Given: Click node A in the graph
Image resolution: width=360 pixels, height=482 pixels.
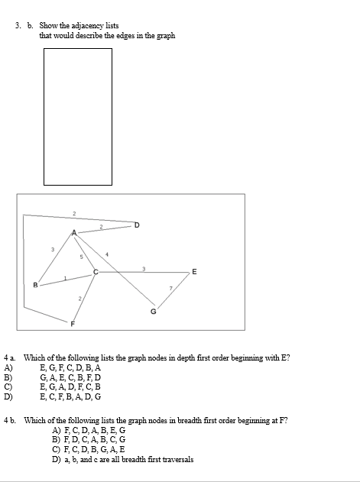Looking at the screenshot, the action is tap(74, 232).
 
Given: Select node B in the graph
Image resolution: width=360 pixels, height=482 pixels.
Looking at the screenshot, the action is tap(35, 286).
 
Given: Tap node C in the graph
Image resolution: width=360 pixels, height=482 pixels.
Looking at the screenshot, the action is tap(96, 272).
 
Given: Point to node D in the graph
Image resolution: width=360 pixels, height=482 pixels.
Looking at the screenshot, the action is tap(137, 225).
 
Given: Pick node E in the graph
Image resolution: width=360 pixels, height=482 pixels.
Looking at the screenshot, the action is tap(194, 272).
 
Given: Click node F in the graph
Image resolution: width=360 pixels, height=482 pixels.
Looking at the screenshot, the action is tap(73, 324).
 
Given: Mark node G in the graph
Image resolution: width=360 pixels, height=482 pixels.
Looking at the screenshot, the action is tap(153, 311).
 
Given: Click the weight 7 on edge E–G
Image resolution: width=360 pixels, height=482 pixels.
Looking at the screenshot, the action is tap(170, 289).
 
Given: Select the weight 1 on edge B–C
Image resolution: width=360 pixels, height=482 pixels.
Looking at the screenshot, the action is tap(66, 278).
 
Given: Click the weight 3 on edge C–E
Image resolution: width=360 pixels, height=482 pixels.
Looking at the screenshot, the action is tap(144, 267).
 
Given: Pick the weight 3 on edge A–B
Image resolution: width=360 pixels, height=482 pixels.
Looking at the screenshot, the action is tap(52, 250).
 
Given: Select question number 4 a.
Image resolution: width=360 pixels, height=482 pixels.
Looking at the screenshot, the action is tap(10, 357).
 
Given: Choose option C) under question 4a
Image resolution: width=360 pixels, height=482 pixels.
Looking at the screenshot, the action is tap(8, 387).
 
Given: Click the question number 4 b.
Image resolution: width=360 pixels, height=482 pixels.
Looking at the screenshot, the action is tap(10, 421).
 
